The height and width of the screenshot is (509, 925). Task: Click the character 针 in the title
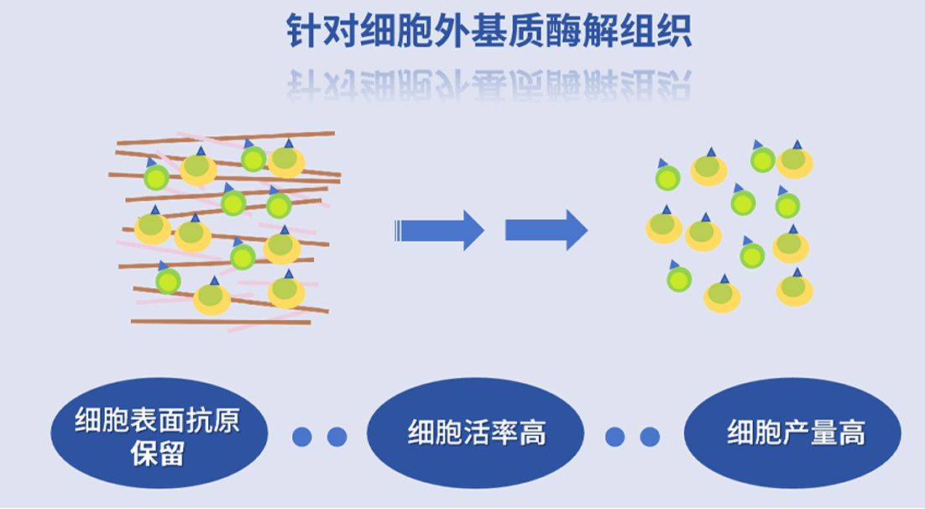click(303, 31)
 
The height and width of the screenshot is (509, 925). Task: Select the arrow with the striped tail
click(439, 230)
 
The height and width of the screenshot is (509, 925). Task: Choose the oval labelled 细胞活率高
click(476, 433)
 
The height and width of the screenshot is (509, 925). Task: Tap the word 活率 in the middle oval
click(476, 433)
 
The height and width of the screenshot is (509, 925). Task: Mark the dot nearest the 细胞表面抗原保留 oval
click(301, 437)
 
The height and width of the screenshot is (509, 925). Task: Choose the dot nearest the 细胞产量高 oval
click(650, 437)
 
